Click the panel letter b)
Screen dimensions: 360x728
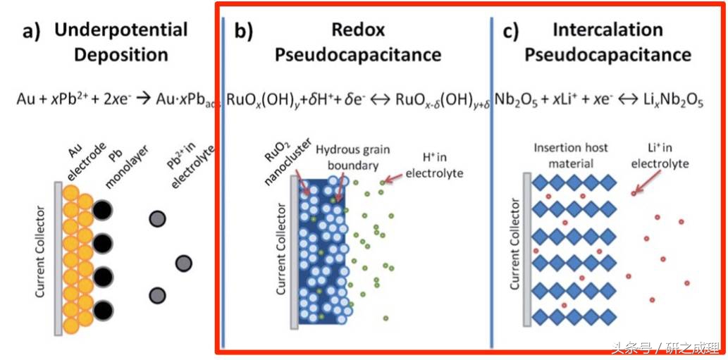click(x=243, y=32)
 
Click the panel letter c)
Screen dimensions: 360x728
click(x=511, y=32)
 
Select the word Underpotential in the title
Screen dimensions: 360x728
click(x=121, y=30)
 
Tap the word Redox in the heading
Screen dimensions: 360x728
click(x=358, y=30)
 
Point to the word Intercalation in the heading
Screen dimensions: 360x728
click(x=607, y=30)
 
